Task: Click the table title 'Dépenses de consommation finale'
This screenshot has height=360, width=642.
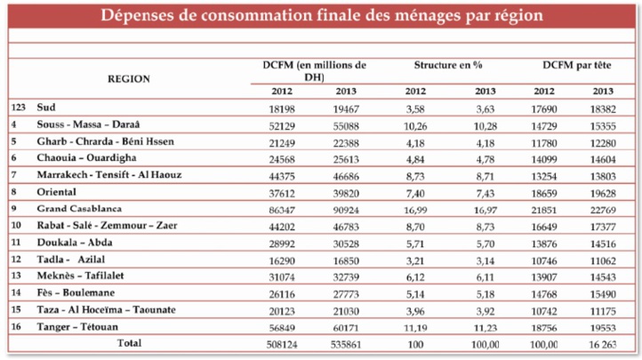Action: pos(321,17)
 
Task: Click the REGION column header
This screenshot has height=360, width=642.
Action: pos(128,78)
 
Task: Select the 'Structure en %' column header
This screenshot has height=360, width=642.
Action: pos(448,67)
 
